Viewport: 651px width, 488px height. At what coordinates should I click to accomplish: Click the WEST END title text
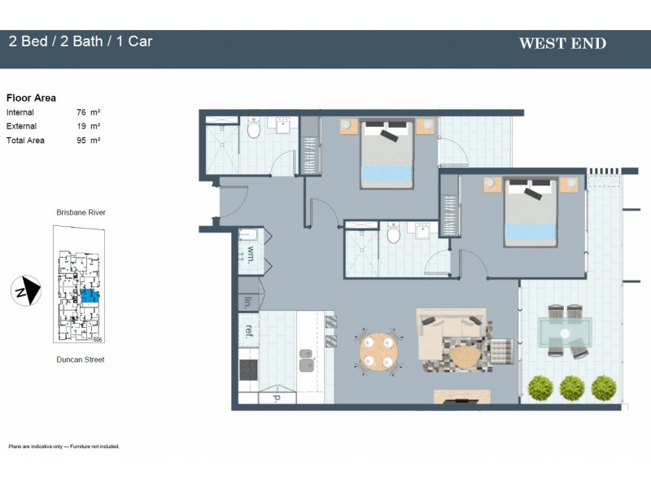pyautogui.click(x=562, y=43)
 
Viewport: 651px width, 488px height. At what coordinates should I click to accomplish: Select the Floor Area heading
pyautogui.click(x=31, y=98)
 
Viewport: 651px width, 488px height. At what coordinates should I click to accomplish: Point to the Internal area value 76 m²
pyautogui.click(x=88, y=112)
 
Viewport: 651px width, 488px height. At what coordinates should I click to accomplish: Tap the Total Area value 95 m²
pyautogui.click(x=88, y=140)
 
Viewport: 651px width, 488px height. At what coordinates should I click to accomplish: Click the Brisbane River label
pyautogui.click(x=81, y=212)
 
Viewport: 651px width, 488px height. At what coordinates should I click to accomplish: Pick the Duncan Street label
pyautogui.click(x=81, y=359)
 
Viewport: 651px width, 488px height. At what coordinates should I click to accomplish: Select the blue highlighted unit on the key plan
pyautogui.click(x=87, y=297)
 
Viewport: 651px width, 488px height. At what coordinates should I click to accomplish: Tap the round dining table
pyautogui.click(x=379, y=351)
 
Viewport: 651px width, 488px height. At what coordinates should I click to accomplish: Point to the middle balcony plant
pyautogui.click(x=571, y=388)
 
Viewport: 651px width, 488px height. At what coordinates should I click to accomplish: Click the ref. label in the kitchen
pyautogui.click(x=250, y=330)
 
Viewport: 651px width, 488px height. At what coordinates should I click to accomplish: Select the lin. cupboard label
pyautogui.click(x=248, y=302)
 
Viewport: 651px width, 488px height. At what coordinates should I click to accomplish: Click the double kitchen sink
pyautogui.click(x=307, y=360)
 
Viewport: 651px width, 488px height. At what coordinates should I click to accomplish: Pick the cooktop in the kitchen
pyautogui.click(x=249, y=370)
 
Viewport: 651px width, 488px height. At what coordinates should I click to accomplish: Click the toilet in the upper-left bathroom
pyautogui.click(x=254, y=129)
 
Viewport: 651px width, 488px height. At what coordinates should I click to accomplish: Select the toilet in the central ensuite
pyautogui.click(x=393, y=235)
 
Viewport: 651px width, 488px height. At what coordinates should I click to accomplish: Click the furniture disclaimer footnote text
pyautogui.click(x=63, y=447)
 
